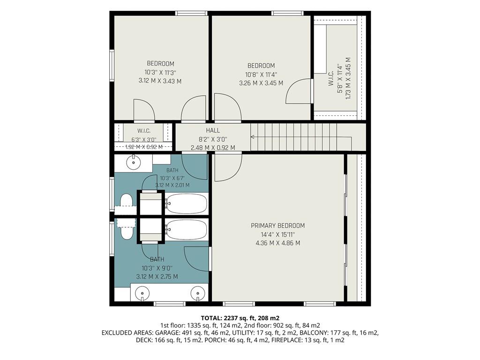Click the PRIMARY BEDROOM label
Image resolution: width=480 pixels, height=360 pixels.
tap(277, 225)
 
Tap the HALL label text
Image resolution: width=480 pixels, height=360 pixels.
tap(213, 130)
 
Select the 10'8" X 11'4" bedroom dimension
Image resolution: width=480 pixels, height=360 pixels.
tap(261, 75)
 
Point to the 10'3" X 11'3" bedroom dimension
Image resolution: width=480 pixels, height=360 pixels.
tap(160, 72)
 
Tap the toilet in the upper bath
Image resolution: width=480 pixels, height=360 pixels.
tap(126, 201)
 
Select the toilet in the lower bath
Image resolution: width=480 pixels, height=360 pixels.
tap(126, 232)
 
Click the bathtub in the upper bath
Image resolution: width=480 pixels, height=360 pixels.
tap(187, 203)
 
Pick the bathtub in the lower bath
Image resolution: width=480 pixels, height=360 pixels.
tap(187, 230)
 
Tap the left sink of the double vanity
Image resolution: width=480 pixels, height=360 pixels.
tap(142, 293)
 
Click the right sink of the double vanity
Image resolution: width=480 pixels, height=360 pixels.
tap(197, 293)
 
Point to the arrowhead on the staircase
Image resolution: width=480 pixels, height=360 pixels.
tap(253, 137)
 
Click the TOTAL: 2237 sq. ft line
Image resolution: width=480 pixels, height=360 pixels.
tap(240, 318)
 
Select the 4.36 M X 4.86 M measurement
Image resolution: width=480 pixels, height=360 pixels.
tap(277, 243)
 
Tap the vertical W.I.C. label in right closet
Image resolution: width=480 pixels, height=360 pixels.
tap(330, 78)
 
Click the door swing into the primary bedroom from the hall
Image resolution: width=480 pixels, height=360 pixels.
tap(228, 167)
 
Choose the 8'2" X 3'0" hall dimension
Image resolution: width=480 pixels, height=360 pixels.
tap(213, 139)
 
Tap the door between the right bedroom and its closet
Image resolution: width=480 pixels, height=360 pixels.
tap(299, 91)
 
